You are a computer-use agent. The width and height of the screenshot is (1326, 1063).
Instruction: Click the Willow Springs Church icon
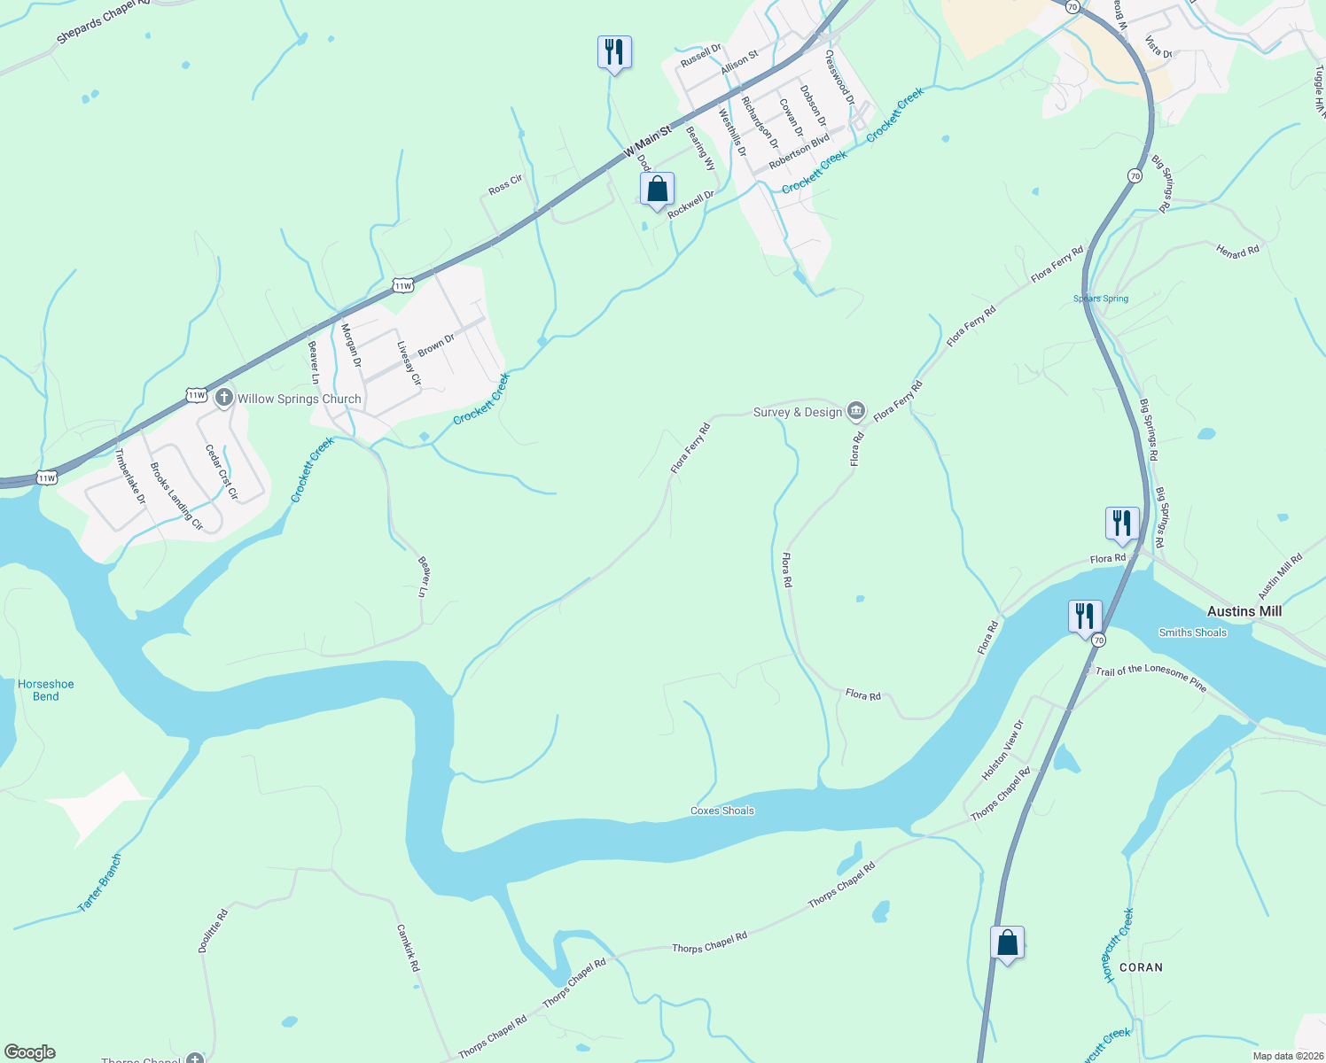click(224, 398)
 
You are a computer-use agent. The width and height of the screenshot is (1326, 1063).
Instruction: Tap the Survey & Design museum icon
click(856, 410)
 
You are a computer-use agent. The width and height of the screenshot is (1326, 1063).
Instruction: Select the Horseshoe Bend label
click(46, 690)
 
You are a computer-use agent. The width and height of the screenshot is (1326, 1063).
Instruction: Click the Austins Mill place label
click(1244, 611)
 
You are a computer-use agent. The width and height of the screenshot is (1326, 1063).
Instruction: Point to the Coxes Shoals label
click(722, 811)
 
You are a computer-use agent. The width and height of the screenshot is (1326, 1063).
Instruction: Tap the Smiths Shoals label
click(1192, 632)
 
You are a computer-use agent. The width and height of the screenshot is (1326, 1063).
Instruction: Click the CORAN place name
click(1141, 967)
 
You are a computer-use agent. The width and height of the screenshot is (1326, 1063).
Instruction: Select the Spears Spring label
click(1101, 299)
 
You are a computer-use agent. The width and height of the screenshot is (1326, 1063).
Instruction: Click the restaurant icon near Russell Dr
click(613, 52)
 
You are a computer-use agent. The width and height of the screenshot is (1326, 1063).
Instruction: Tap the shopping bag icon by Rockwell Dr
click(657, 190)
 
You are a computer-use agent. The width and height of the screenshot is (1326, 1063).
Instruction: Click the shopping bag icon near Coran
click(1007, 943)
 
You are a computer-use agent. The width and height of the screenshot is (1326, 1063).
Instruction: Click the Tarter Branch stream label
click(99, 883)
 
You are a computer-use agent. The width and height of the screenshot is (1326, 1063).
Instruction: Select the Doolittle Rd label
click(213, 930)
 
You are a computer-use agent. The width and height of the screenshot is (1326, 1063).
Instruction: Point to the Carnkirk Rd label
click(408, 948)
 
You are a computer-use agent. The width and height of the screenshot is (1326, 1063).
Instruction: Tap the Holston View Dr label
click(1002, 749)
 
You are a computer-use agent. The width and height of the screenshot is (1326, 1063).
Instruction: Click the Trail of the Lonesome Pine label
click(1150, 678)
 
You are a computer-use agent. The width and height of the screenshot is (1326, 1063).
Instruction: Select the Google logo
click(30, 1052)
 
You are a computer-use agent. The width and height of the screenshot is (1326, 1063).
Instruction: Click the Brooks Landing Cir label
click(176, 496)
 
